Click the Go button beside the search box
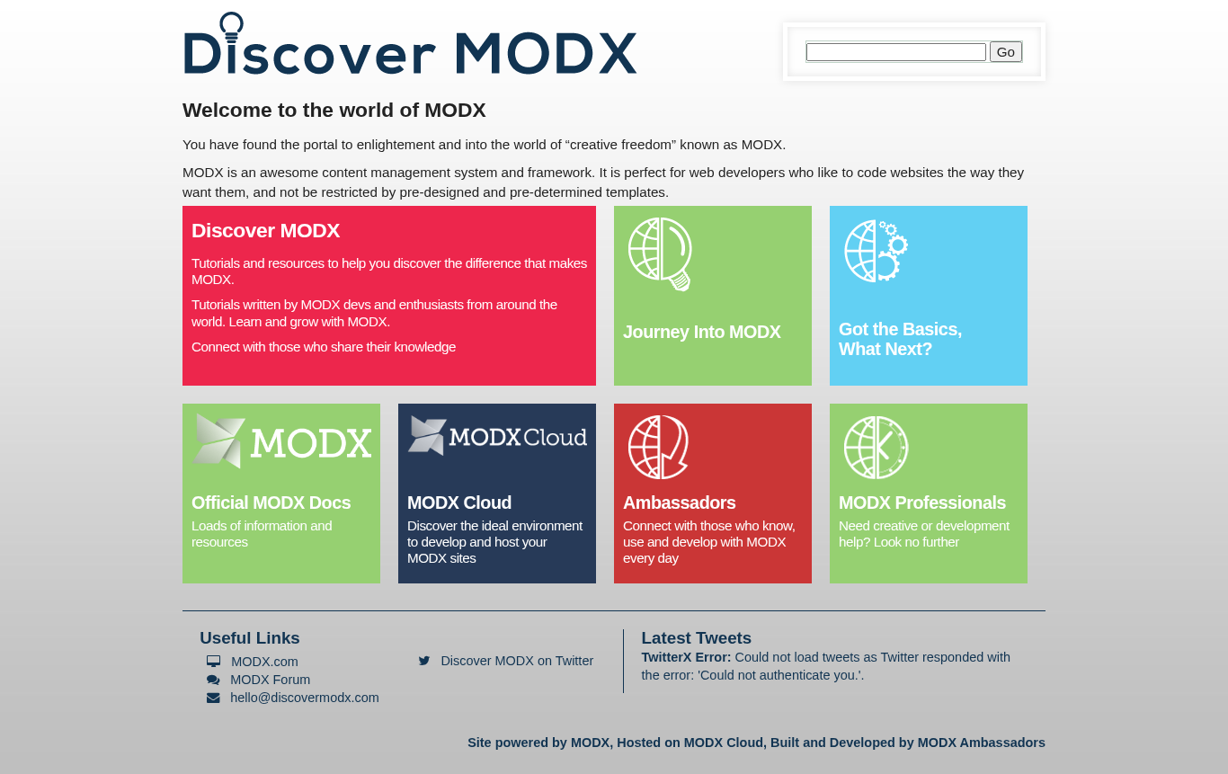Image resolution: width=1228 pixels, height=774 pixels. [1005, 52]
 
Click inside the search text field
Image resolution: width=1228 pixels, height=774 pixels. [895, 52]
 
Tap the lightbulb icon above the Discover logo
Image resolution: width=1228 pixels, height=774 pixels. [231, 27]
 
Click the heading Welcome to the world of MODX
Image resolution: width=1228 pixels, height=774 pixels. [334, 111]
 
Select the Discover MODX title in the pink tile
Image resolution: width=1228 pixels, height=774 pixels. [265, 231]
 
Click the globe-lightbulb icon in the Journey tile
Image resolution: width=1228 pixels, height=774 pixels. [660, 254]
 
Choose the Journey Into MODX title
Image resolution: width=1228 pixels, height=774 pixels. [702, 332]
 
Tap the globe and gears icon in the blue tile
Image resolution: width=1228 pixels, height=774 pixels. [876, 251]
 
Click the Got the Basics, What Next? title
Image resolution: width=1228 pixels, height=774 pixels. [900, 339]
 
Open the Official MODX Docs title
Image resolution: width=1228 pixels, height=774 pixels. [271, 503]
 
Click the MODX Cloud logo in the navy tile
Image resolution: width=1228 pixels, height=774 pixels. [497, 436]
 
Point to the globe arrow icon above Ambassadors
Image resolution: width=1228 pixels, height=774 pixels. [658, 447]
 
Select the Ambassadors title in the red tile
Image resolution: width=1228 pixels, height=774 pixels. [680, 503]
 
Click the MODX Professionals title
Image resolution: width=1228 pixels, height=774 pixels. [922, 503]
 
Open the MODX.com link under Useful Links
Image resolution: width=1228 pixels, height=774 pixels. [264, 662]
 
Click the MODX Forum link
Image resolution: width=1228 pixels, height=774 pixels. [270, 680]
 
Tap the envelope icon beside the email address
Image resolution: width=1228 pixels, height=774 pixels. [213, 698]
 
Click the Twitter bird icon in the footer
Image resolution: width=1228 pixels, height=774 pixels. [424, 661]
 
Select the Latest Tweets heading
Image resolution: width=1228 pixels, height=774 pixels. [696, 638]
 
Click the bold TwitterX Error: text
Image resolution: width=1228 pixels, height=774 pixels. [686, 657]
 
